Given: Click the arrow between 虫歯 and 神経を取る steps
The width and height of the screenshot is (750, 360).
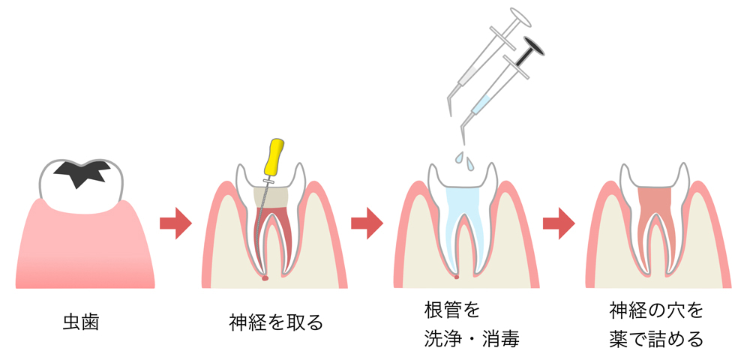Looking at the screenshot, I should click(176, 223).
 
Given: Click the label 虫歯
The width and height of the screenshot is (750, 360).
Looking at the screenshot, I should click(80, 323).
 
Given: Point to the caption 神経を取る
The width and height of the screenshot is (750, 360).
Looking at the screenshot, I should click(276, 323).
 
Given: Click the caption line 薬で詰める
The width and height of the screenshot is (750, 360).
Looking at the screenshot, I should click(656, 338).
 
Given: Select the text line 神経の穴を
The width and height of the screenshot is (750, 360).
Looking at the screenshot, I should click(656, 310).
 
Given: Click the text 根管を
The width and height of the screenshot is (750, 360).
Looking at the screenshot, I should click(451, 310).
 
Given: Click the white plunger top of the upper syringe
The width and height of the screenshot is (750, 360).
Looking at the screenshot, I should click(517, 15).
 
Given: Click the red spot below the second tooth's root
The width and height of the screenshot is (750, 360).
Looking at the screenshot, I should click(265, 278).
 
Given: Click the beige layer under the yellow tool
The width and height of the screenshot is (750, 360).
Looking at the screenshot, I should click(271, 196).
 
